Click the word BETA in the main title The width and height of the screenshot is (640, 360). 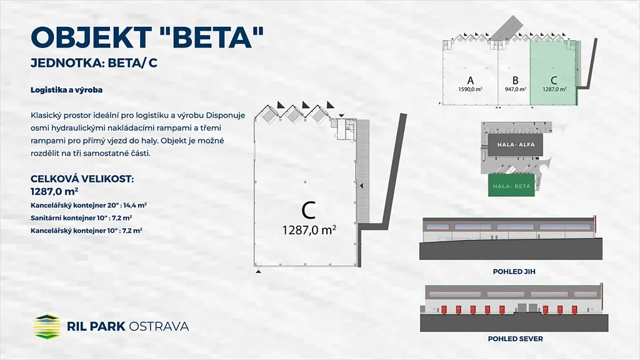click(210, 37)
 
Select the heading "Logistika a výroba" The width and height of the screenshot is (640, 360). click(66, 90)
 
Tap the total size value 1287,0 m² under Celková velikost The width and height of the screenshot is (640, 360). click(54, 191)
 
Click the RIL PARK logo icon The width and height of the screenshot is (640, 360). click(46, 326)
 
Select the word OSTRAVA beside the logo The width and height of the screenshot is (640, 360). click(159, 326)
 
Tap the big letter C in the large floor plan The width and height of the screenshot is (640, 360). click(309, 210)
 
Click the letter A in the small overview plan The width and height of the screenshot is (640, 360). click(470, 81)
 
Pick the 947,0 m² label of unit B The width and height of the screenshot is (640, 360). click(515, 89)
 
